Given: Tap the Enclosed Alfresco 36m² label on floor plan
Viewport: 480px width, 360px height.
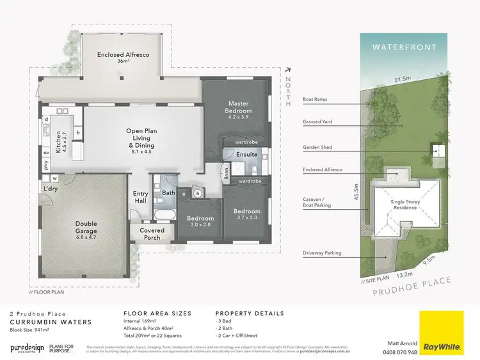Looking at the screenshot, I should pos(124,59).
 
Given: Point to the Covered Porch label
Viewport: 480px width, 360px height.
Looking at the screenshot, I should pos(152,234).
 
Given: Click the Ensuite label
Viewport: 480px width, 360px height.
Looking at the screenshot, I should pos(246,154).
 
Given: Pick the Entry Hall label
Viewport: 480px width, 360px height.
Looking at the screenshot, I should pos(140,198).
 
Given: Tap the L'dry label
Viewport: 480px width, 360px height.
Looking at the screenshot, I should pos(51,189).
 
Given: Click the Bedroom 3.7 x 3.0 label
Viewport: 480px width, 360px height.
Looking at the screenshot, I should pos(246,215).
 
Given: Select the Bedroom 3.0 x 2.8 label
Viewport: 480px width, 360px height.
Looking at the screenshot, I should pos(200,222).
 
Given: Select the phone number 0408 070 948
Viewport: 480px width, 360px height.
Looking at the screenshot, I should pos(399,352).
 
